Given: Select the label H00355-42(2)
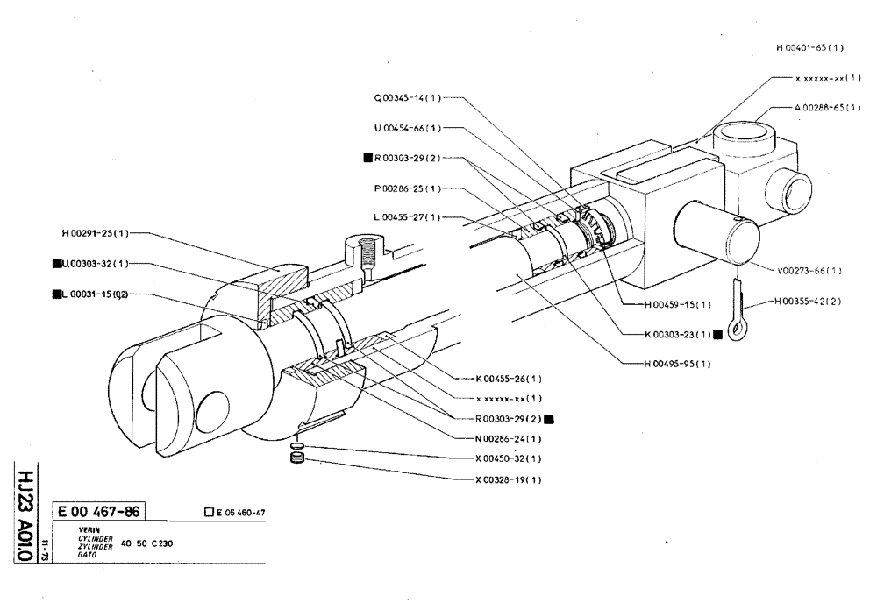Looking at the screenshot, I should [x=809, y=301].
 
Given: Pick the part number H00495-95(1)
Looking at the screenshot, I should [x=677, y=363].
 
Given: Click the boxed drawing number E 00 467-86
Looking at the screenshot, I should [x=99, y=512].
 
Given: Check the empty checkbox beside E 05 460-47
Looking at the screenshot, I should [x=207, y=513].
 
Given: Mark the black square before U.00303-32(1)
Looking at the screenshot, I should [x=55, y=263].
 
